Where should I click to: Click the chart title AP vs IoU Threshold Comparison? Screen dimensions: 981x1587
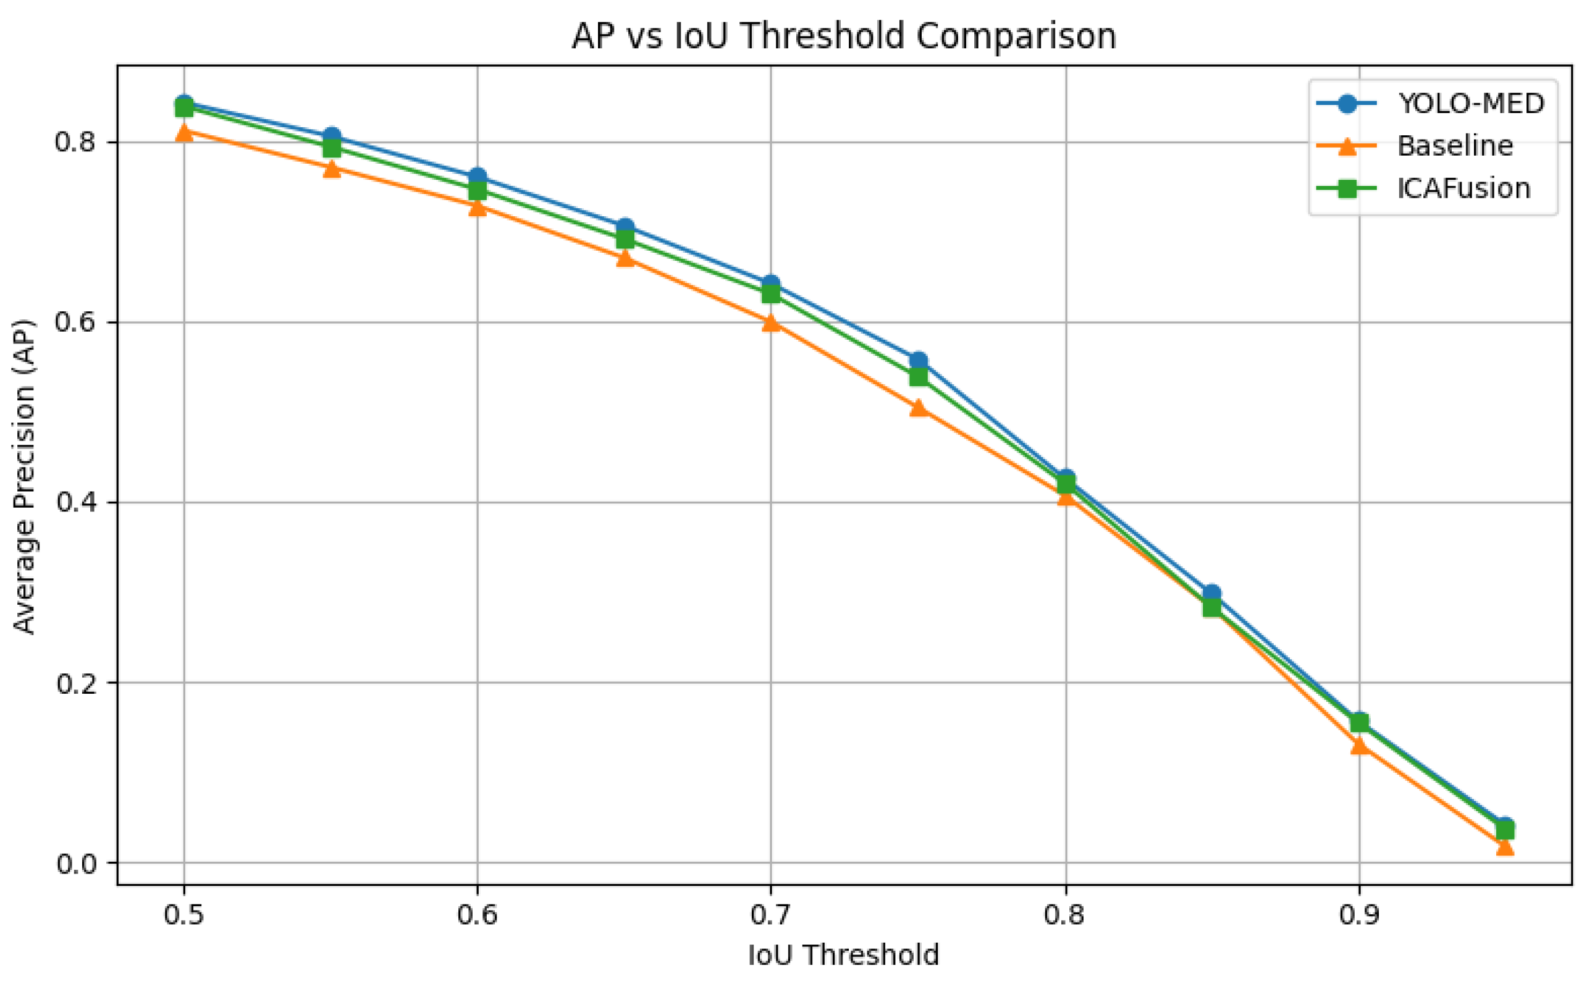click(843, 36)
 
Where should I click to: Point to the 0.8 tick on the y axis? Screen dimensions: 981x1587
click(78, 142)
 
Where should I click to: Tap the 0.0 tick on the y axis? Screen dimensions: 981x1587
click(78, 864)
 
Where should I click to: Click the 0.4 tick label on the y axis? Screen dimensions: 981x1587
click(78, 503)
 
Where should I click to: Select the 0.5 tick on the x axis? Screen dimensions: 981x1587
click(183, 916)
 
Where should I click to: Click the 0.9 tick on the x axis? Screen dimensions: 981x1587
click(1359, 916)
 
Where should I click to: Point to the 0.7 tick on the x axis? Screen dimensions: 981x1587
click(771, 916)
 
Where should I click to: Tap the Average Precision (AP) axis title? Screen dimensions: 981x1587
click(25, 477)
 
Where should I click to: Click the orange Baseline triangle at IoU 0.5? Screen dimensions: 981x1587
click(183, 132)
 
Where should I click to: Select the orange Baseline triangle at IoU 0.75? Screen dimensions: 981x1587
click(918, 408)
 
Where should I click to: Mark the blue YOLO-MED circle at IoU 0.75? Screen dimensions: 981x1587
click(918, 361)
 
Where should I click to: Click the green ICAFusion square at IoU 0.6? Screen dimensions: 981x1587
click(478, 191)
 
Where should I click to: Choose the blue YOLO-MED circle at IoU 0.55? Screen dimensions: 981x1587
click(332, 137)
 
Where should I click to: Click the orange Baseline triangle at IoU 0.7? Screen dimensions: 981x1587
click(771, 322)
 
